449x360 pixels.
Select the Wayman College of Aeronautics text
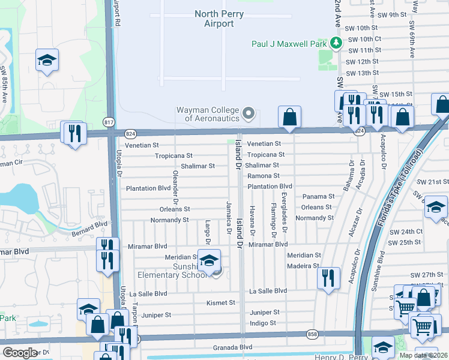click(207, 114)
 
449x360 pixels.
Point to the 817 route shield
click(109, 122)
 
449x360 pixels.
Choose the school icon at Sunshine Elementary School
click(209, 261)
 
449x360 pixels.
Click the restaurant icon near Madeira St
click(328, 277)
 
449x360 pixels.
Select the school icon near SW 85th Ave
click(47, 61)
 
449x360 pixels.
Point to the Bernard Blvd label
click(89, 227)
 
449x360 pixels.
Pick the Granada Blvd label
click(232, 347)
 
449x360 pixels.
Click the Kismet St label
click(220, 303)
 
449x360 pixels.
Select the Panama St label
click(318, 196)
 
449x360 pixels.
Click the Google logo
click(20, 353)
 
